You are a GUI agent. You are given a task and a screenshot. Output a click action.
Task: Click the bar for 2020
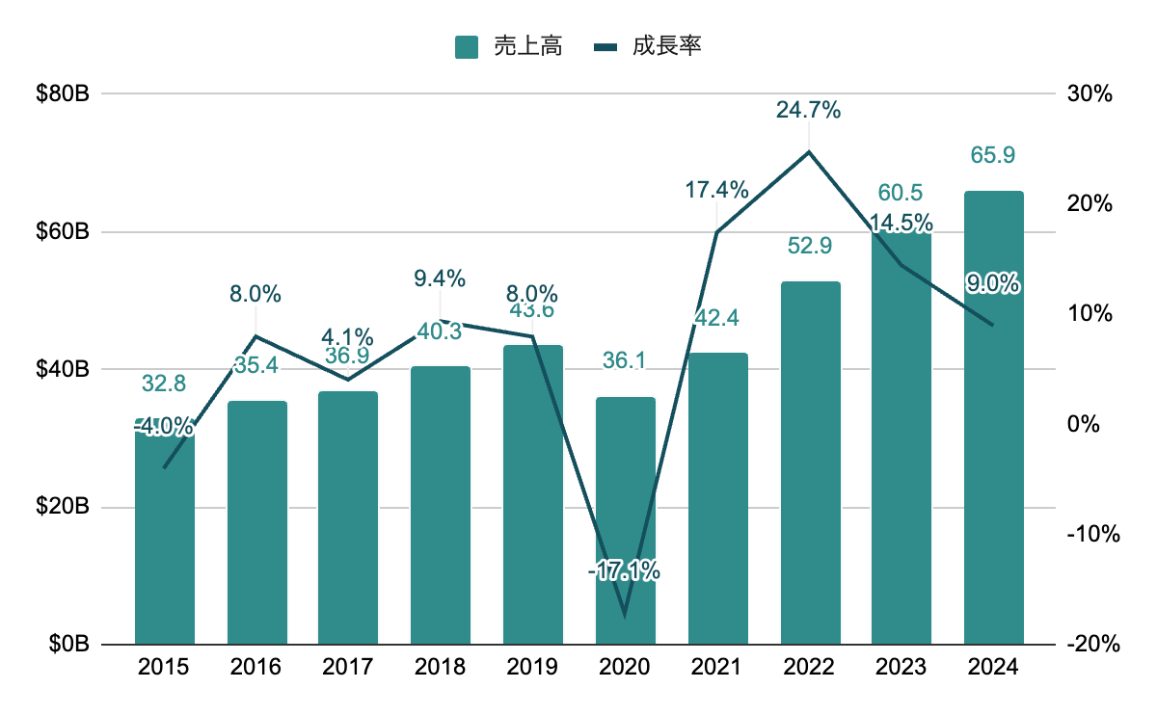(625, 520)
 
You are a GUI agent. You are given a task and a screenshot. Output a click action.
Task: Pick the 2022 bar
(810, 463)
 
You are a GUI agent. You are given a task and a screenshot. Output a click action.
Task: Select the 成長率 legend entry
(647, 45)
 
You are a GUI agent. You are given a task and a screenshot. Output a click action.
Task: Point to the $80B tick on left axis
(64, 94)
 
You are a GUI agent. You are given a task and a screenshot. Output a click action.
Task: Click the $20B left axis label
(64, 507)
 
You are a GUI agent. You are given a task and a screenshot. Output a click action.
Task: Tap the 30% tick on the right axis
(1090, 94)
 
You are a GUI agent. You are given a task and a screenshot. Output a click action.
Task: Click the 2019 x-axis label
(532, 667)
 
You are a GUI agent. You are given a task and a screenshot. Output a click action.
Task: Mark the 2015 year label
(164, 667)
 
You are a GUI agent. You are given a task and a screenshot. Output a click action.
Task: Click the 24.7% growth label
(809, 110)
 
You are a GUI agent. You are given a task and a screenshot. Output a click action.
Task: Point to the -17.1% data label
(624, 570)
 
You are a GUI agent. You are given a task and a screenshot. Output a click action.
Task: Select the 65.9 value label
(993, 155)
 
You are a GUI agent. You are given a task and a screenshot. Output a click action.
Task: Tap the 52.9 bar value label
(809, 246)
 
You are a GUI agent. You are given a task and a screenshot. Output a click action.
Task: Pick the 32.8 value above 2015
(164, 383)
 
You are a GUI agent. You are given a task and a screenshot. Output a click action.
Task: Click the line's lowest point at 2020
(625, 615)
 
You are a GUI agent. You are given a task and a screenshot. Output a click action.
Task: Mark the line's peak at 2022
(810, 151)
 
